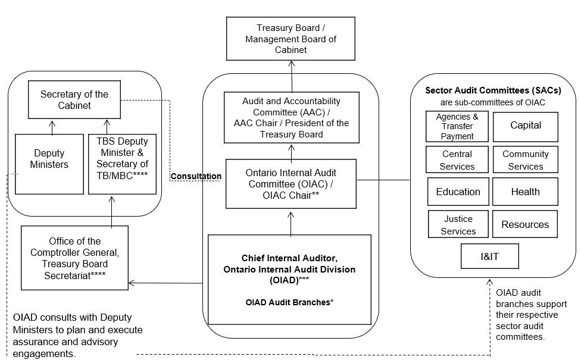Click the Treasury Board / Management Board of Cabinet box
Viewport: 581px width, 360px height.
(290, 38)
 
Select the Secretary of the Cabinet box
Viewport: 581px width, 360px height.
(74, 99)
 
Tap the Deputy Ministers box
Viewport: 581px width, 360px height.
(49, 164)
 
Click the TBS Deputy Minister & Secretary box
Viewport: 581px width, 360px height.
(122, 164)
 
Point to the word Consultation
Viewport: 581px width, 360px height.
(196, 176)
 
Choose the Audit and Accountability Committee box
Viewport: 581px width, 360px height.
(291, 117)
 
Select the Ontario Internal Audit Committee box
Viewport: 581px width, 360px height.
(290, 183)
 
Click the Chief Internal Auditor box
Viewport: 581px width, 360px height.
(289, 269)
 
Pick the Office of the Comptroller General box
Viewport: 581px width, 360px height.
(75, 257)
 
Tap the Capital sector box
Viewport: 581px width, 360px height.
(526, 126)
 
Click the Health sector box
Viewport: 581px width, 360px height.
(525, 192)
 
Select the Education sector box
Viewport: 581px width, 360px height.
(458, 192)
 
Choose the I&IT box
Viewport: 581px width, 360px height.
(490, 256)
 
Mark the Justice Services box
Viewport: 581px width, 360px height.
(458, 224)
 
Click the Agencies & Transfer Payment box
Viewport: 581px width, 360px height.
(457, 126)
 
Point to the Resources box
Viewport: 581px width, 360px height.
(525, 224)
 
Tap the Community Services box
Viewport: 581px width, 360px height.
(525, 159)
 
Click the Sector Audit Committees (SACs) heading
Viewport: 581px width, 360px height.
(492, 90)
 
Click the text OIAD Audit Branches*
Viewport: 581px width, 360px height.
(289, 302)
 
